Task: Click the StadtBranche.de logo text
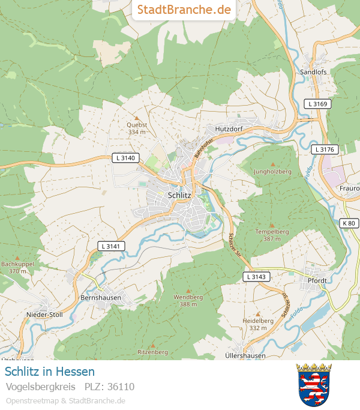click(x=184, y=10)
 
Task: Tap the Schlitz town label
click(x=179, y=195)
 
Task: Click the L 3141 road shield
click(x=111, y=246)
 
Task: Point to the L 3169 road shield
click(x=317, y=104)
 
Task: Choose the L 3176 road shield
click(x=325, y=149)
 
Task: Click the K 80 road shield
click(x=349, y=223)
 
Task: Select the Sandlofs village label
click(x=313, y=72)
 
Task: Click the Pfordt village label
click(x=316, y=280)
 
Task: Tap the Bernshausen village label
click(x=101, y=297)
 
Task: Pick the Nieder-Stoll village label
click(x=44, y=314)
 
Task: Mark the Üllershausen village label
click(x=245, y=355)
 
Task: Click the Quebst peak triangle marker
click(x=137, y=118)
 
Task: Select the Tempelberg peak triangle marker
click(x=272, y=225)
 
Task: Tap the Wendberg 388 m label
click(x=188, y=301)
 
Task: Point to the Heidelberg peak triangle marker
click(x=258, y=314)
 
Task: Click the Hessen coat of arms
click(x=314, y=384)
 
